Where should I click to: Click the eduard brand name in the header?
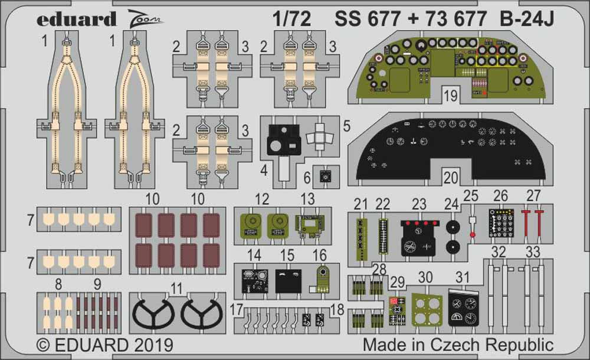point(76,19)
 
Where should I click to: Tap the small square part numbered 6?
point(323,175)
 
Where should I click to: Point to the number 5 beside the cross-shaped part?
point(346,125)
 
